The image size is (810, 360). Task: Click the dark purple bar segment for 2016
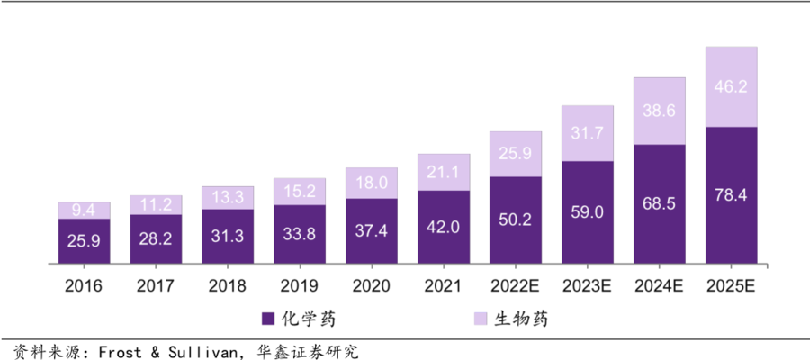click(x=84, y=241)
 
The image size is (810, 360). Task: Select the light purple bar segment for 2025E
click(x=732, y=87)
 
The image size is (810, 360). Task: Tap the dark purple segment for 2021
click(x=444, y=227)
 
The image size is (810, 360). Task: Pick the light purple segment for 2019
click(x=300, y=192)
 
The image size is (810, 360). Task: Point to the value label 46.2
click(x=732, y=87)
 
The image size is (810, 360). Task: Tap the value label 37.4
click(x=372, y=230)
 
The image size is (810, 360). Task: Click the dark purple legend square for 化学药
click(x=267, y=319)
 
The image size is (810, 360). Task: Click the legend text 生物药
click(x=520, y=319)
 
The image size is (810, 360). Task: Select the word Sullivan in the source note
click(x=193, y=351)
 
